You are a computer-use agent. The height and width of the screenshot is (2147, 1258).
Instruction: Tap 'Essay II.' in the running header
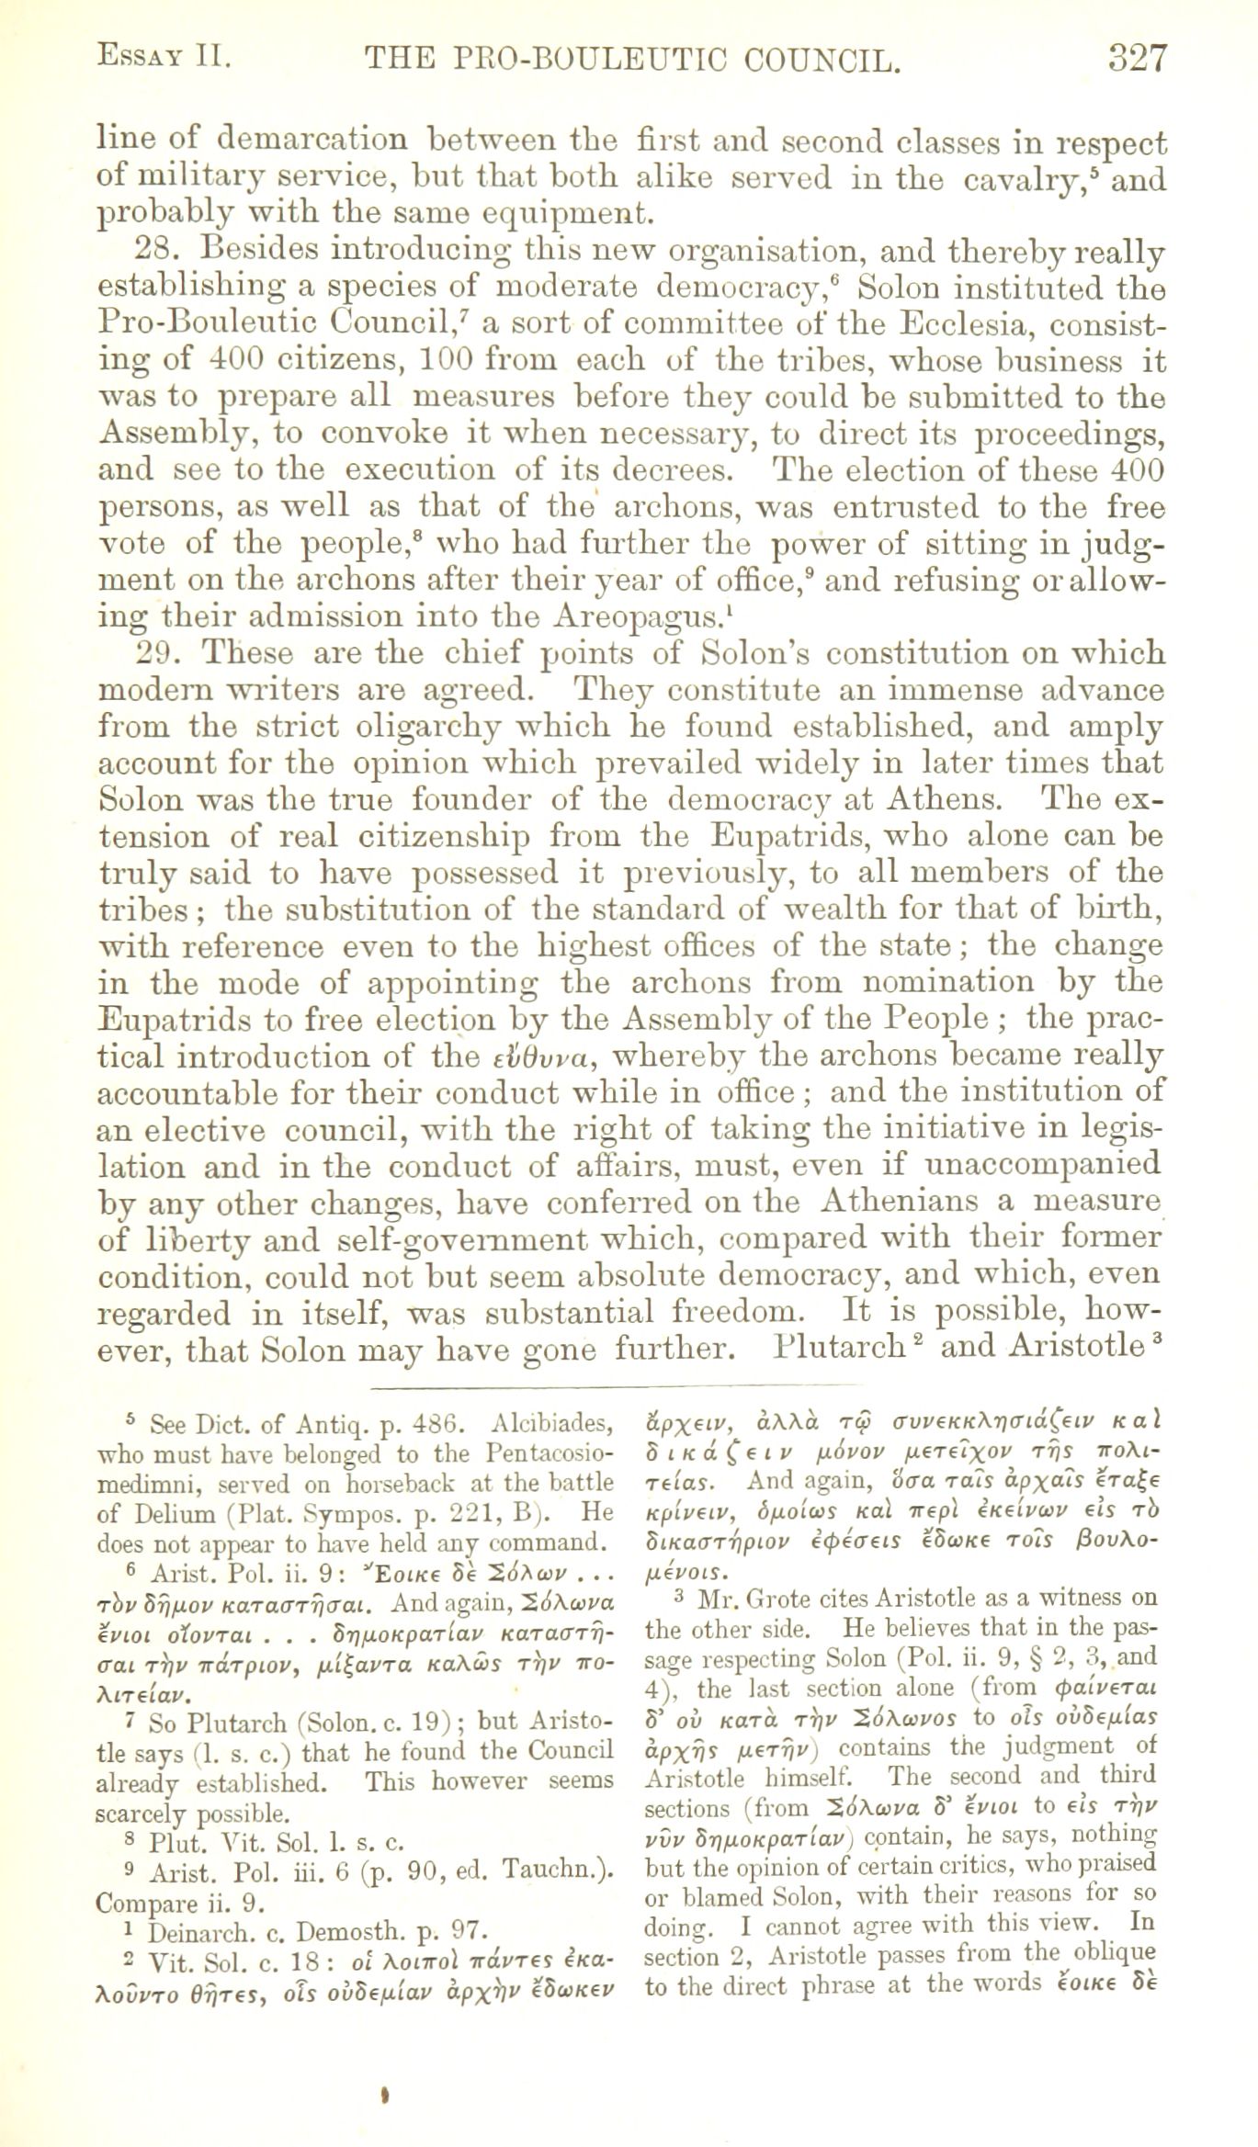[x=163, y=58]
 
